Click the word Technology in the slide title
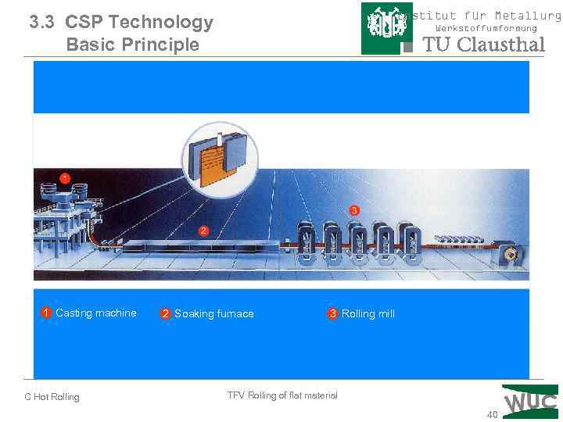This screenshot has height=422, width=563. point(163,22)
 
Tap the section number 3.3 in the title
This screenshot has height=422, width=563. point(44,22)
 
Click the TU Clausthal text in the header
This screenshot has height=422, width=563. point(483,45)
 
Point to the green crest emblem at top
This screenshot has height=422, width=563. point(386,28)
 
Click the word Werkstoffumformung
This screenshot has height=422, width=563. point(486,28)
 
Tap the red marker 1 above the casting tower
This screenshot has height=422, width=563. point(65,177)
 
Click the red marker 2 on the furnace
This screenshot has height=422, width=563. point(203,231)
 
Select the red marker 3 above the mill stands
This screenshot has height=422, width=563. point(354,211)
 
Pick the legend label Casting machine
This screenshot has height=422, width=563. point(95,313)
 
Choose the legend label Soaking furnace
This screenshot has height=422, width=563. point(213,314)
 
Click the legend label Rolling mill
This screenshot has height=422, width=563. point(368,314)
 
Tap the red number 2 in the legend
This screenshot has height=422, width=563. point(165,314)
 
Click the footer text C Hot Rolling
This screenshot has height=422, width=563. point(52,397)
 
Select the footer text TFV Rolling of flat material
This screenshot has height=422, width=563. point(282,395)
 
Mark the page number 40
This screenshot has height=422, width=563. point(492,414)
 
